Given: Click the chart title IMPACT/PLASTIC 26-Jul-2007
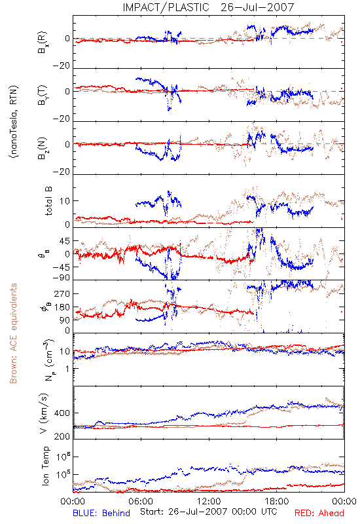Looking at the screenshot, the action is (208, 7).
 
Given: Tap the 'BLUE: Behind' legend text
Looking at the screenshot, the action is (101, 513).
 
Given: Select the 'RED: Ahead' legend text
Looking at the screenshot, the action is (319, 513).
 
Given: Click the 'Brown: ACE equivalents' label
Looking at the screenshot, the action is (13, 333).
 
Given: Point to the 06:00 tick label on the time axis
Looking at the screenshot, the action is (141, 501).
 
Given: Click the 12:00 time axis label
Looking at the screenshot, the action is (209, 501).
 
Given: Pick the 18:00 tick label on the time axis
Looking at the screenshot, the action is (277, 501).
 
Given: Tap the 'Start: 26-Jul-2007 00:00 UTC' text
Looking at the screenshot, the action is (208, 512).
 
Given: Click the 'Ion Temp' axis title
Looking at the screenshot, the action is (46, 466).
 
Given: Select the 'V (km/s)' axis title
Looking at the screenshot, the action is (44, 413).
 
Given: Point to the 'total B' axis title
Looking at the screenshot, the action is (48, 201).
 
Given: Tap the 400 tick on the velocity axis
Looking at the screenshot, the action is (62, 413).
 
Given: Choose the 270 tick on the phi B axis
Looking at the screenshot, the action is (62, 293).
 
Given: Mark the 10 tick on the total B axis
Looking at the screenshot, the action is (65, 201).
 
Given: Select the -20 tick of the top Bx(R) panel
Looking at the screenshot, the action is (62, 65).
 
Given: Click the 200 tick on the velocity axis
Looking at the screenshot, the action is (62, 436).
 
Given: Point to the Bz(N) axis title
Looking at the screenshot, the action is (43, 148).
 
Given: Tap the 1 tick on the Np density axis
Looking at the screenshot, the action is (67, 369).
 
